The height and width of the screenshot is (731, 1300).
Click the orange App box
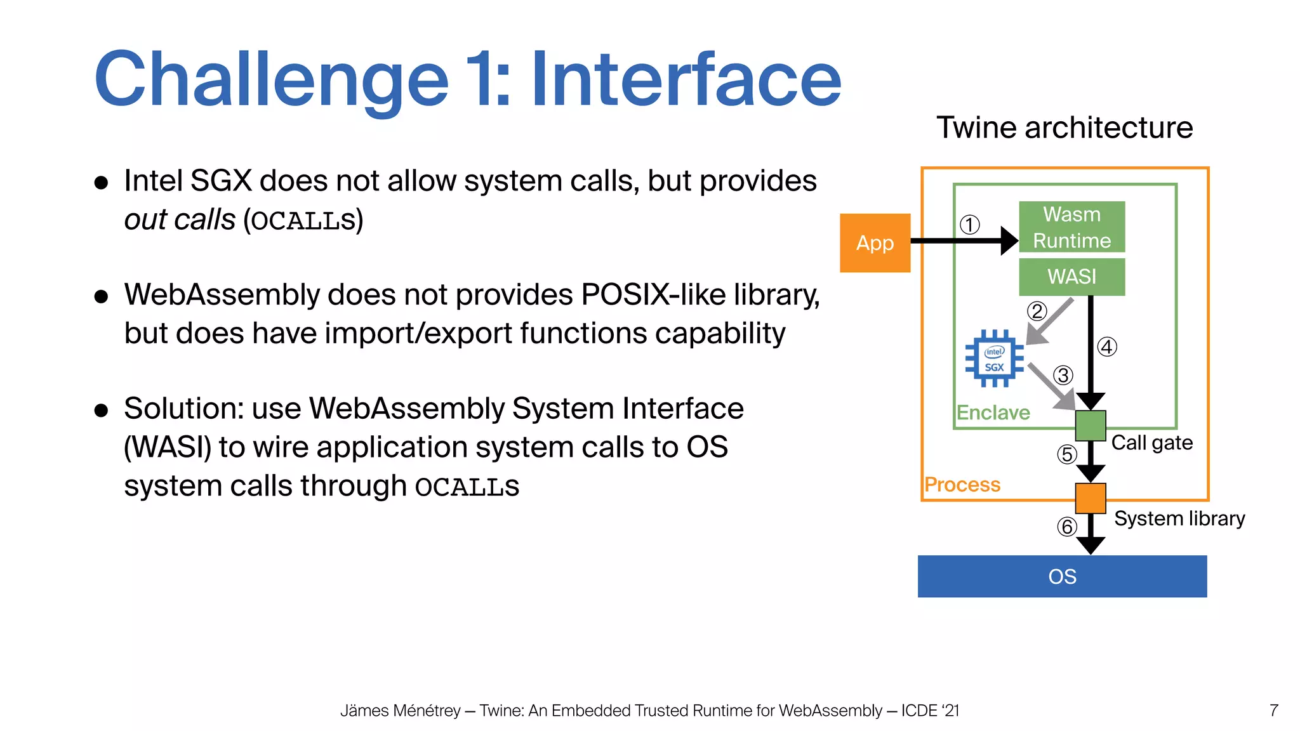click(875, 243)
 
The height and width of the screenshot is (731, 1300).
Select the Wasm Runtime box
click(1071, 227)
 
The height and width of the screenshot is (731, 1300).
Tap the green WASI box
click(1071, 277)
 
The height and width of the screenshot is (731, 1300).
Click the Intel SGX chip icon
click(994, 359)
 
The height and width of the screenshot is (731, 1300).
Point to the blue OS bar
click(1062, 576)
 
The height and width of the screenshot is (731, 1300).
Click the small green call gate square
click(1091, 425)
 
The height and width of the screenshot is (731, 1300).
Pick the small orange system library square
click(1091, 498)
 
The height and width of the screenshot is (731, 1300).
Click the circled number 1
click(969, 225)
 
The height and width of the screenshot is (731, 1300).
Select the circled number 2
click(1037, 311)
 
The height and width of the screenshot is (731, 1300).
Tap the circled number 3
click(1063, 375)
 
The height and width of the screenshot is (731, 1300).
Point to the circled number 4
click(1107, 347)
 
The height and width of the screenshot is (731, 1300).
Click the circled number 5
click(1067, 454)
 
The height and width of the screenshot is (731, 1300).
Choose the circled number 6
click(1067, 527)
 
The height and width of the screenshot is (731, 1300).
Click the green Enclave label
click(993, 412)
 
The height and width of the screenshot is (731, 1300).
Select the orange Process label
click(962, 484)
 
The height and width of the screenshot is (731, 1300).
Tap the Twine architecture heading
click(1065, 128)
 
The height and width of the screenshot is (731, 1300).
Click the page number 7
click(1273, 710)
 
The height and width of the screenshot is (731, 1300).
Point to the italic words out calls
click(180, 220)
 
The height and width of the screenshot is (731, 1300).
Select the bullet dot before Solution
click(101, 410)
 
